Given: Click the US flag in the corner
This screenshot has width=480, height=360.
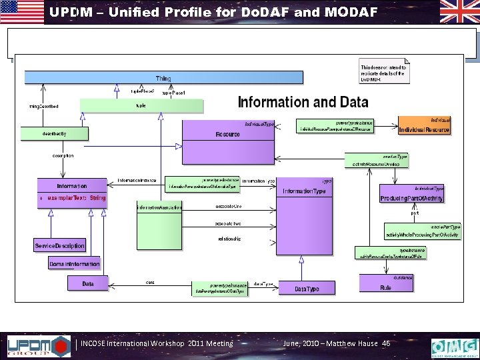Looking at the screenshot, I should point(22,12).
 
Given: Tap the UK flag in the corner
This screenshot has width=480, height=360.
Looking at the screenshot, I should point(459,12).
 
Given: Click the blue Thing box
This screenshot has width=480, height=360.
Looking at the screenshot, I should point(163,78).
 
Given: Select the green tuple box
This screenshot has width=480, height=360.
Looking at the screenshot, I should point(141,105).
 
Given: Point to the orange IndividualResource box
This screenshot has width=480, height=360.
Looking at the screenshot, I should point(424,125).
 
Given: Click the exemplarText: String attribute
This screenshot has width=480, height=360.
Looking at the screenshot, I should point(75,198).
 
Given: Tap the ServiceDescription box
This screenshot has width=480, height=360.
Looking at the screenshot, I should point(60,245).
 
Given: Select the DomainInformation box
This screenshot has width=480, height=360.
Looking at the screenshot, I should point(74,264).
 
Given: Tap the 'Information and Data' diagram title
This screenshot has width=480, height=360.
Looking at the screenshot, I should point(303,102).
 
